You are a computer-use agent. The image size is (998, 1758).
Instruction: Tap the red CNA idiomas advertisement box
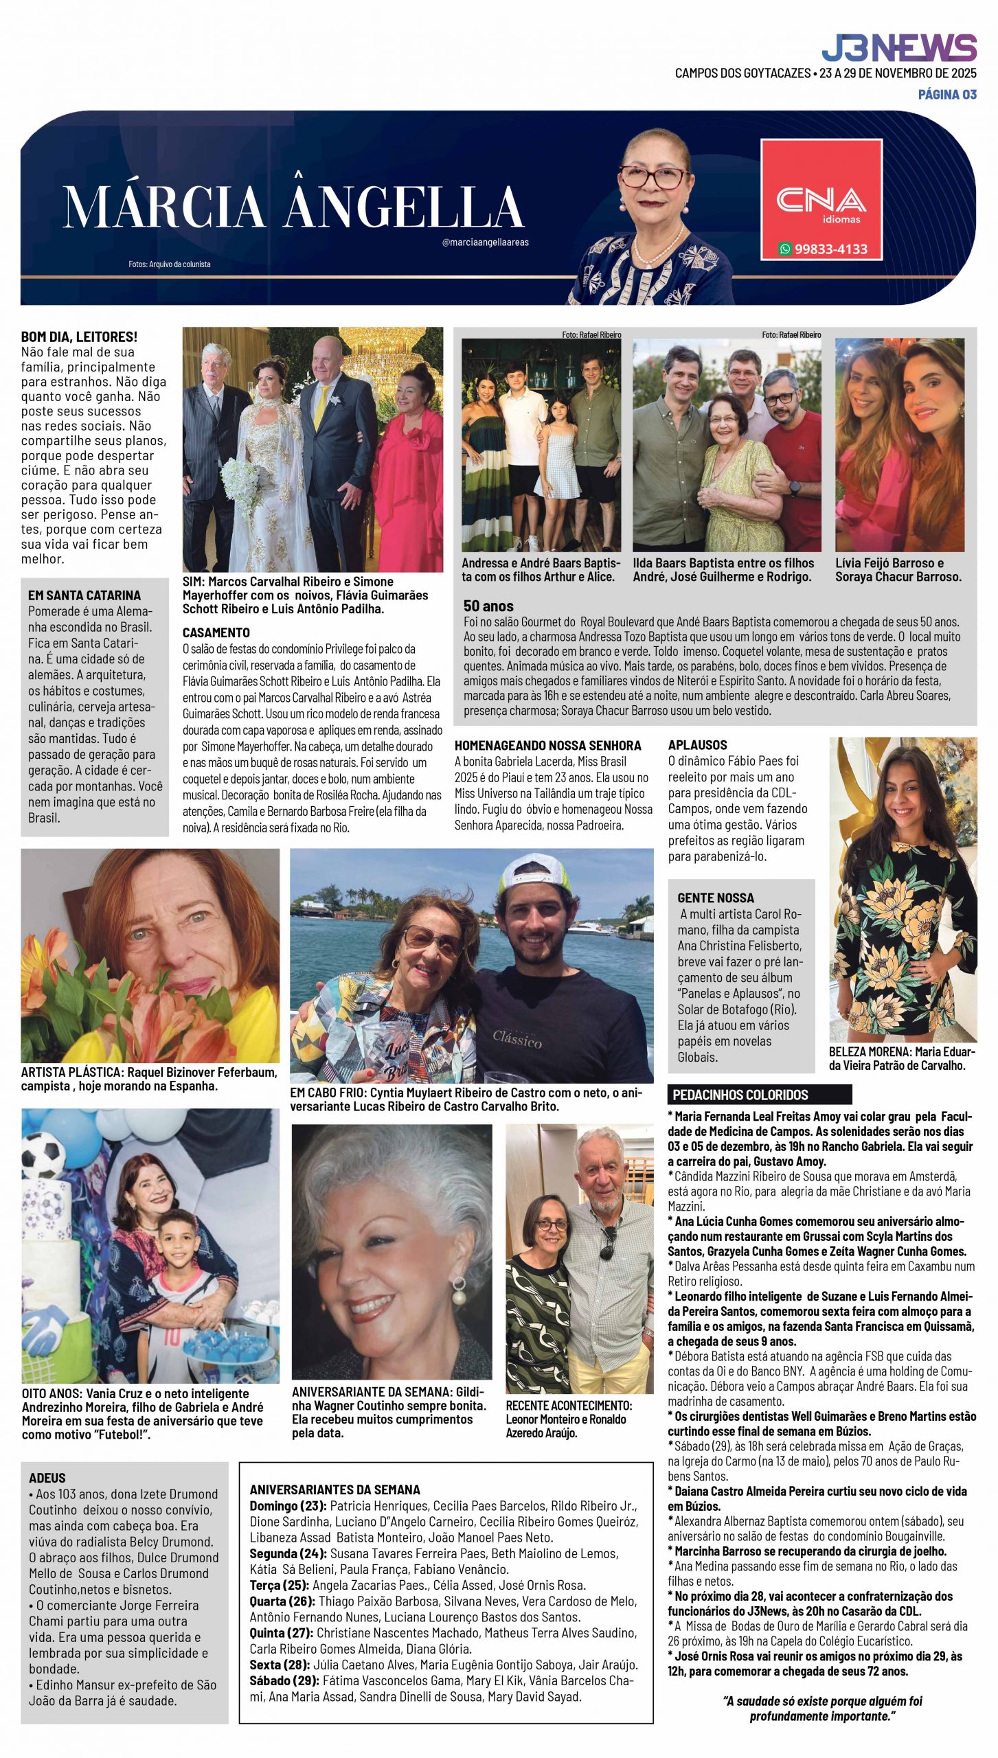pyautogui.click(x=821, y=199)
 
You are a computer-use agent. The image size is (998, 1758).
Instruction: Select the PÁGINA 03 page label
pyautogui.click(x=947, y=95)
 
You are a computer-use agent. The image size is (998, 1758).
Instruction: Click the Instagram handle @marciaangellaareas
pyautogui.click(x=485, y=242)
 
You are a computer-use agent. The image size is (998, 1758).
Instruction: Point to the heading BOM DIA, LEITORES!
pyautogui.click(x=79, y=336)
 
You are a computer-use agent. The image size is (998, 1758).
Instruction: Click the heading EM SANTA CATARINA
pyautogui.click(x=84, y=595)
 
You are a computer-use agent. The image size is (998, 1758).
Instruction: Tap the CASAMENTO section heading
pyautogui.click(x=216, y=632)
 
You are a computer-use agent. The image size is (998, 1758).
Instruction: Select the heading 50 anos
pyautogui.click(x=488, y=606)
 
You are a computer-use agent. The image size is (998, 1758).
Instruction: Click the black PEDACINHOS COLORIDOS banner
pyautogui.click(x=759, y=1095)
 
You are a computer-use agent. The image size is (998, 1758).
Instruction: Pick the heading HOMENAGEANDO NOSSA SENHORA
pyautogui.click(x=547, y=745)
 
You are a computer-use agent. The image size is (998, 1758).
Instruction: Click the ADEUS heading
pyautogui.click(x=47, y=1478)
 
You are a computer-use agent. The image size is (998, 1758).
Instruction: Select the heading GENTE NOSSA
pyautogui.click(x=715, y=898)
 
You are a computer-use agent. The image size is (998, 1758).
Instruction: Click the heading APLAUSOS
pyautogui.click(x=697, y=744)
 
